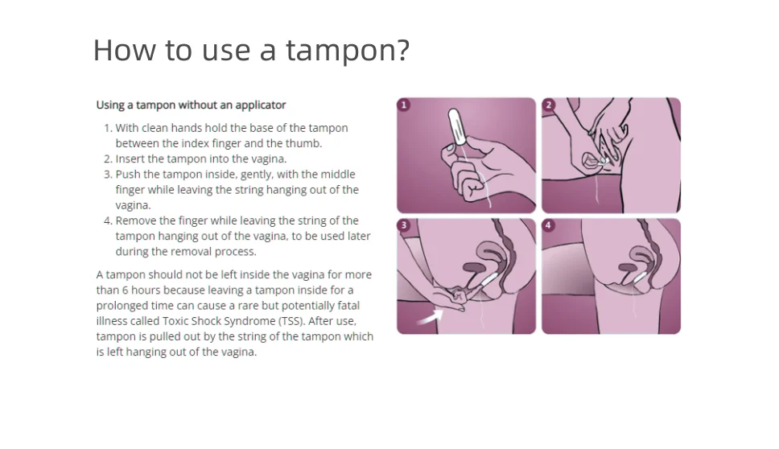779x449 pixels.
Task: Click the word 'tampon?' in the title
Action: coord(348,51)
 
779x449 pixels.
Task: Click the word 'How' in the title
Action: coord(124,50)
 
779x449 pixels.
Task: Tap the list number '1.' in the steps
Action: coord(108,128)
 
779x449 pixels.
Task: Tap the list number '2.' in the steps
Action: coord(108,159)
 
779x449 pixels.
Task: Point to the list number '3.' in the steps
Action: coord(108,175)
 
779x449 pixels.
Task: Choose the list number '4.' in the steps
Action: coord(108,220)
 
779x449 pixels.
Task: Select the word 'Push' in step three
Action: coord(128,175)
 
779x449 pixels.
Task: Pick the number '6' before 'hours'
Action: coord(126,290)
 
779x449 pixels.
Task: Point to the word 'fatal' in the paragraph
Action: coord(348,306)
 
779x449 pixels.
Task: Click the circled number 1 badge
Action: coord(404,105)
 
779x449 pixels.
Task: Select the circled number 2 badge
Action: coord(549,105)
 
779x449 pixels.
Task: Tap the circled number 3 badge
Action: coord(404,225)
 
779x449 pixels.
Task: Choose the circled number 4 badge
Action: coord(549,225)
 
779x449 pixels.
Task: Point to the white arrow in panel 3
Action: coord(431,317)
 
